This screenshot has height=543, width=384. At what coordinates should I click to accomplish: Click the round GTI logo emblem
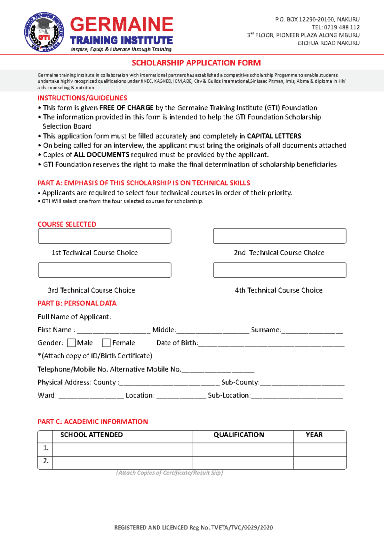(44, 32)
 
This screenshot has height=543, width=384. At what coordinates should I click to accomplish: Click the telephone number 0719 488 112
(342, 27)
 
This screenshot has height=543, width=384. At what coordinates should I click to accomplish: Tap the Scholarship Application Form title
(196, 63)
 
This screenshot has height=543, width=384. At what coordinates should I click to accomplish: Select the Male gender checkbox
(71, 343)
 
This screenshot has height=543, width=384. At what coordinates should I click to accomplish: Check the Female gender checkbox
(106, 343)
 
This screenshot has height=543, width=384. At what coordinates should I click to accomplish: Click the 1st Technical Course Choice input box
(105, 236)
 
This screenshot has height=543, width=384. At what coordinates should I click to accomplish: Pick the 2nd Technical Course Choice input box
(279, 236)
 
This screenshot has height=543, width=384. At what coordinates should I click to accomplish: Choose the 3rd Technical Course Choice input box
(105, 270)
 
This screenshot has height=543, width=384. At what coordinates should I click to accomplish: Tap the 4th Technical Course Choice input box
(279, 270)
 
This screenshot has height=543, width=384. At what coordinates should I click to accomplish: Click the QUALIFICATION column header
(239, 435)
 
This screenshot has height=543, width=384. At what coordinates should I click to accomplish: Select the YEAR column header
(314, 435)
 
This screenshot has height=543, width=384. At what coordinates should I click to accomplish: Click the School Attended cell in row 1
(123, 450)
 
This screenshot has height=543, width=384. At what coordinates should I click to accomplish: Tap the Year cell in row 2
(320, 463)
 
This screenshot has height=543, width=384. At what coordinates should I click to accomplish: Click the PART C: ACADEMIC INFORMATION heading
(93, 422)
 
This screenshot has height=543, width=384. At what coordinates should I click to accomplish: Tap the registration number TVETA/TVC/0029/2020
(242, 528)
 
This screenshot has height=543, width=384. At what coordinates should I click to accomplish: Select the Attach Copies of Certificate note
(170, 473)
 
